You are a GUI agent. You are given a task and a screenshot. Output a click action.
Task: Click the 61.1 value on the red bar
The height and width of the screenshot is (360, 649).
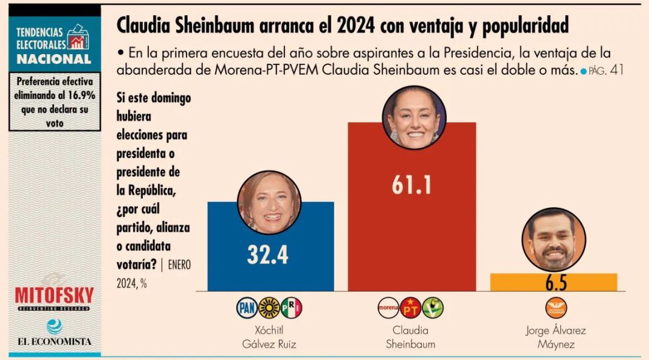pos(411,185)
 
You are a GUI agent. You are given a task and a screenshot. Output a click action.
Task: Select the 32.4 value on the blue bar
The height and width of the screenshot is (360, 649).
pos(267,255)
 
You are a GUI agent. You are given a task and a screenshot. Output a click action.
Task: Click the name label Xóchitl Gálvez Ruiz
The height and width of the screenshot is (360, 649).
pos(268,337)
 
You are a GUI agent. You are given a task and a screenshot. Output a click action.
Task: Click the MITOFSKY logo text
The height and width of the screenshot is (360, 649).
pos(55,296)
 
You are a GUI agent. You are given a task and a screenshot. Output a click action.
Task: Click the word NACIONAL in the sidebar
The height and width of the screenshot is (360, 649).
pos(54,59)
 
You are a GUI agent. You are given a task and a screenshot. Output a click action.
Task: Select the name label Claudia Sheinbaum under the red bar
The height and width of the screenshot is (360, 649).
pos(411,337)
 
